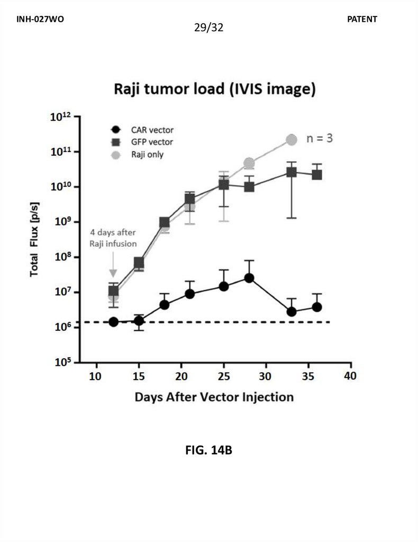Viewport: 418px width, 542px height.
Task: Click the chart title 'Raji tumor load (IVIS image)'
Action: click(x=215, y=89)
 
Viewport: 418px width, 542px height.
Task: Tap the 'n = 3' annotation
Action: click(x=320, y=139)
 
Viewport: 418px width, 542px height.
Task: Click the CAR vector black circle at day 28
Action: click(x=249, y=278)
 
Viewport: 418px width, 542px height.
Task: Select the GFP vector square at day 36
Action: click(x=317, y=175)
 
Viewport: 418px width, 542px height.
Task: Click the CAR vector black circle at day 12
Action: click(x=113, y=322)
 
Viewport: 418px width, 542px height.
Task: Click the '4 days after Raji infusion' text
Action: click(x=113, y=238)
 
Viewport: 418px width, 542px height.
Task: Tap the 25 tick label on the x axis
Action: click(x=223, y=376)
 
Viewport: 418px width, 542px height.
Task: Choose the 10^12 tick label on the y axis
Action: click(x=61, y=118)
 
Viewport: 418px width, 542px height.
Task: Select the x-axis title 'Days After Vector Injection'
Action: click(x=214, y=396)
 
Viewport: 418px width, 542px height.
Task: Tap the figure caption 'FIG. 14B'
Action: click(x=209, y=451)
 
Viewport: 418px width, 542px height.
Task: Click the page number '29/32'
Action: click(x=209, y=27)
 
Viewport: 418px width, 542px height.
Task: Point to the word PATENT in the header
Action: click(x=362, y=19)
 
